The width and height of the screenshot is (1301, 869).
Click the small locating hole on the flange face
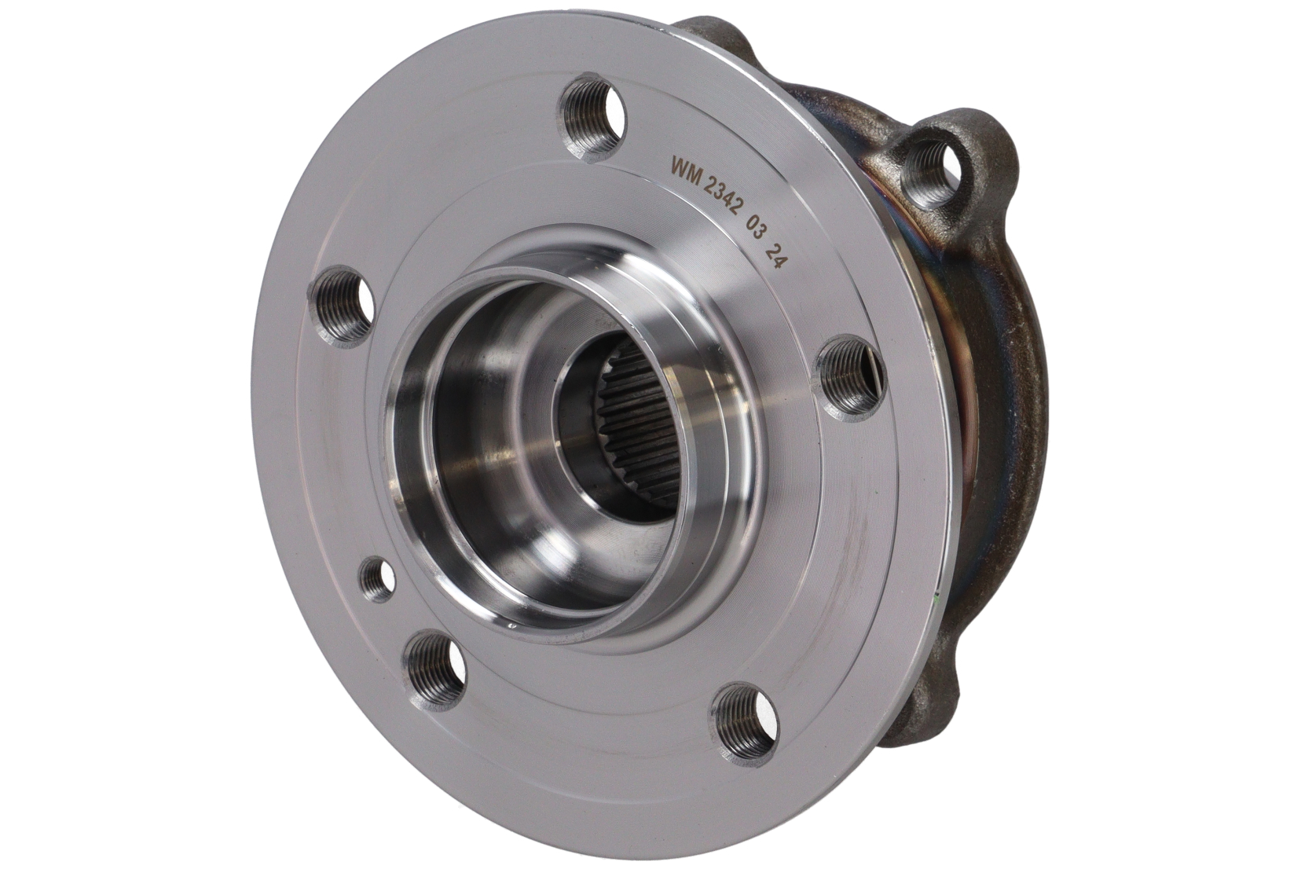(x=378, y=579)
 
